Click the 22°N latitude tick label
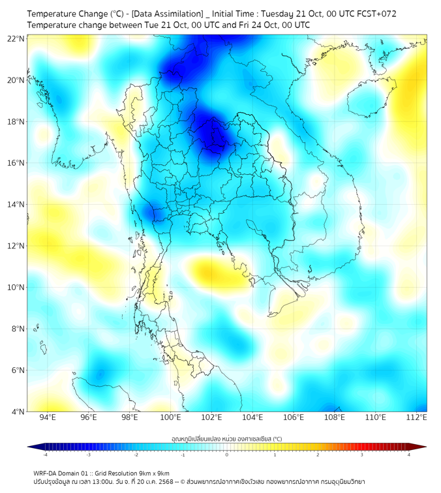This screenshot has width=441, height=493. coord(16,38)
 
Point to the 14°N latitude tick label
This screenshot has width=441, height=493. coord(16,204)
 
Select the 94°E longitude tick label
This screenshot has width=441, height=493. coord(48,417)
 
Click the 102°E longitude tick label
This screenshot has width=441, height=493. coord(211,417)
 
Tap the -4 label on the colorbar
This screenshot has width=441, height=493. coord(45,455)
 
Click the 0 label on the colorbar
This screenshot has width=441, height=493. coord(227,455)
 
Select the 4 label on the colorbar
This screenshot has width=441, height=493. coord(409,455)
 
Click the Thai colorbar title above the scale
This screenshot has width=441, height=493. coord(226,438)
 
